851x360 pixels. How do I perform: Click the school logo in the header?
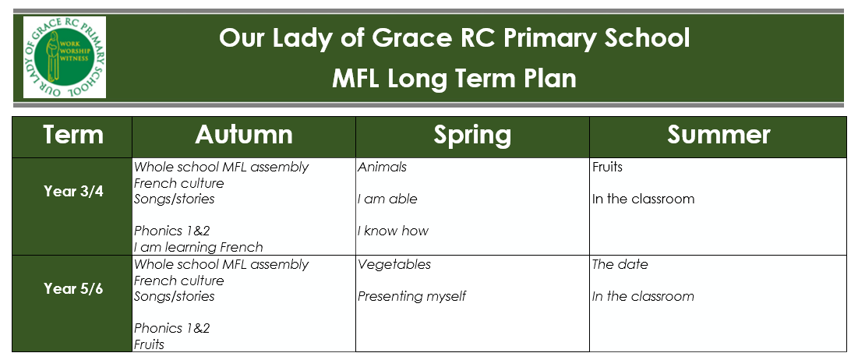[65, 58]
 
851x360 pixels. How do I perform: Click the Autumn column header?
[244, 135]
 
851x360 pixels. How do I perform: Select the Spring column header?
[472, 136]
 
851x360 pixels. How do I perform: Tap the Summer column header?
[718, 135]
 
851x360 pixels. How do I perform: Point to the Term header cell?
[72, 135]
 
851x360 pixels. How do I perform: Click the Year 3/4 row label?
[73, 192]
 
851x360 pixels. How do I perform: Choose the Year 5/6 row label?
[73, 289]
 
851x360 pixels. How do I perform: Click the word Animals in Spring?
[382, 168]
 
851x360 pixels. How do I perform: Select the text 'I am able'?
[387, 199]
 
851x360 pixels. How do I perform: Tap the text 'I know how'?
[393, 231]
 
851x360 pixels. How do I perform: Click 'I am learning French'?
[199, 247]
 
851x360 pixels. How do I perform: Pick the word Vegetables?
[394, 264]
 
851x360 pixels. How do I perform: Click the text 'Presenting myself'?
[412, 296]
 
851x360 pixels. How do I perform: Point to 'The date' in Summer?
[620, 264]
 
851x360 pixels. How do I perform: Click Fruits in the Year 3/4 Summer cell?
[607, 168]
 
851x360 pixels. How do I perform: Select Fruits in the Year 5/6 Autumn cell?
[150, 344]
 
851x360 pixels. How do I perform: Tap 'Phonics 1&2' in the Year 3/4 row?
[172, 231]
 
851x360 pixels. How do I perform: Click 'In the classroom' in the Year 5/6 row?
[643, 296]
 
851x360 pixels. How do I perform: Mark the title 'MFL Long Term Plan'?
[454, 79]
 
